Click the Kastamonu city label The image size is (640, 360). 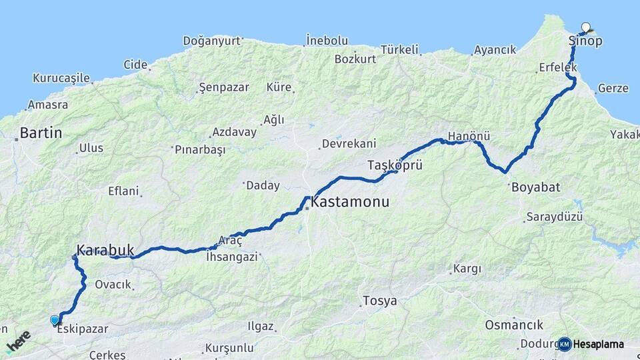[x=350, y=201]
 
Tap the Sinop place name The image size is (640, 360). [x=585, y=41]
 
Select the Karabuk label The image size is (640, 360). [x=105, y=251]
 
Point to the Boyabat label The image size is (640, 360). [x=535, y=187]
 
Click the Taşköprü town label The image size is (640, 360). [x=395, y=165]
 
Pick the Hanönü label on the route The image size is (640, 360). [x=469, y=136]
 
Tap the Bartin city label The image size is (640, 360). [x=41, y=133]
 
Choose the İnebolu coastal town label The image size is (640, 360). [x=327, y=41]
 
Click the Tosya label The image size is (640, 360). [x=379, y=301]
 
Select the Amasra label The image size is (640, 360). [x=47, y=105]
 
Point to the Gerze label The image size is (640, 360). [x=613, y=88]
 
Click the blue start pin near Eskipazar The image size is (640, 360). [x=55, y=321]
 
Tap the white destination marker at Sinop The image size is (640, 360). [x=586, y=27]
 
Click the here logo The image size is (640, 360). [x=19, y=341]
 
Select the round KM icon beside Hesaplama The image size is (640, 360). [x=565, y=344]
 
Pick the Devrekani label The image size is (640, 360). [x=349, y=143]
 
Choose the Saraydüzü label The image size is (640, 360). [x=554, y=217]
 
